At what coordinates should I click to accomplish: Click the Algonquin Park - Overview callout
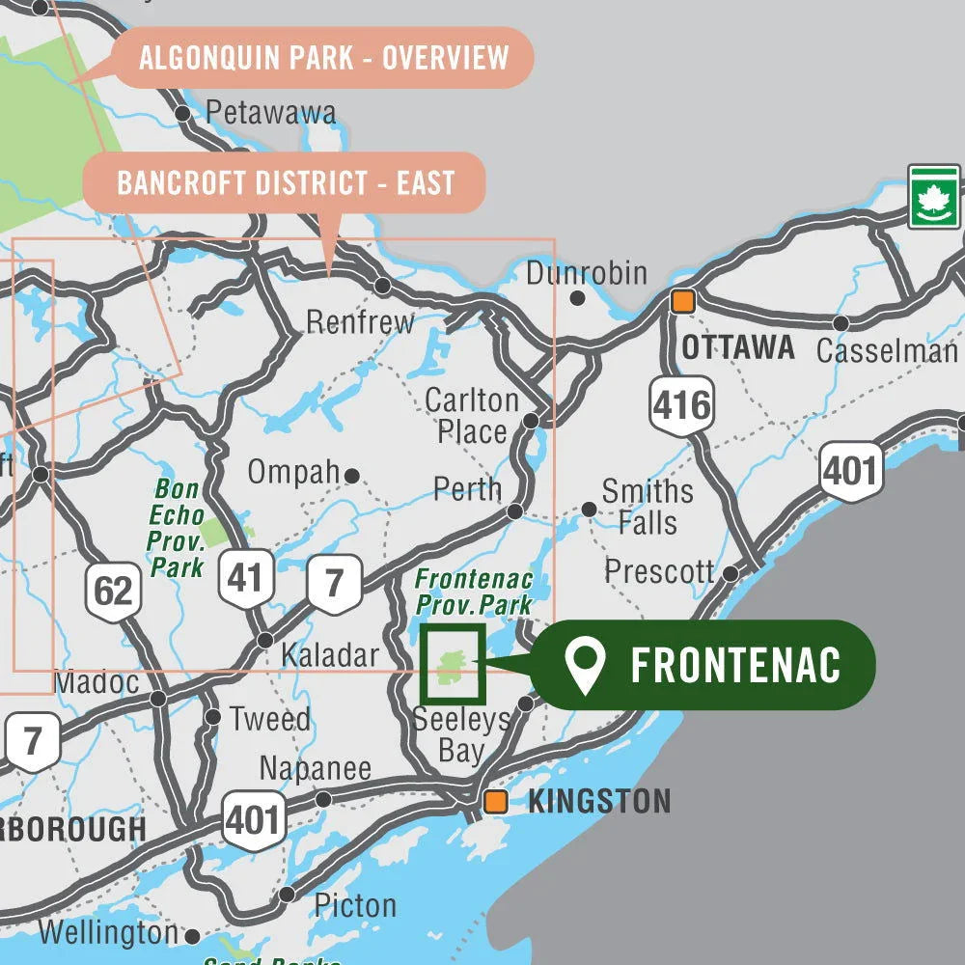click(x=323, y=58)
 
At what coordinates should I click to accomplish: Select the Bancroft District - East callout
click(x=285, y=182)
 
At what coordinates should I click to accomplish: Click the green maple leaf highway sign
click(x=933, y=197)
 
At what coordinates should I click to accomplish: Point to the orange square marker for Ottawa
click(x=683, y=301)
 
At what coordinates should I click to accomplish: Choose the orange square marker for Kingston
click(x=496, y=801)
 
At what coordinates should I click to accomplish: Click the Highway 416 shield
click(x=681, y=405)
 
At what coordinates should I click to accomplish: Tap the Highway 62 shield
click(x=113, y=589)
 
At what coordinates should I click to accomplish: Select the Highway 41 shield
click(x=246, y=578)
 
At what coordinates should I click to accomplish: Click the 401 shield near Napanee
click(x=253, y=820)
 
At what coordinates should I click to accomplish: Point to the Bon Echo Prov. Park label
click(x=176, y=529)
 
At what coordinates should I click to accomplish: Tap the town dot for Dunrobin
click(x=577, y=298)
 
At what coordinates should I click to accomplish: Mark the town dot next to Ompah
click(x=352, y=476)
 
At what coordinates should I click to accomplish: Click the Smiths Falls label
click(x=647, y=507)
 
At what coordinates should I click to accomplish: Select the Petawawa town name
click(x=271, y=113)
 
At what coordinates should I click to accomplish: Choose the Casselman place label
click(x=886, y=350)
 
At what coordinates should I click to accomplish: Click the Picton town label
click(x=354, y=905)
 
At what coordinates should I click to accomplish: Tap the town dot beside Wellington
click(x=192, y=936)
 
